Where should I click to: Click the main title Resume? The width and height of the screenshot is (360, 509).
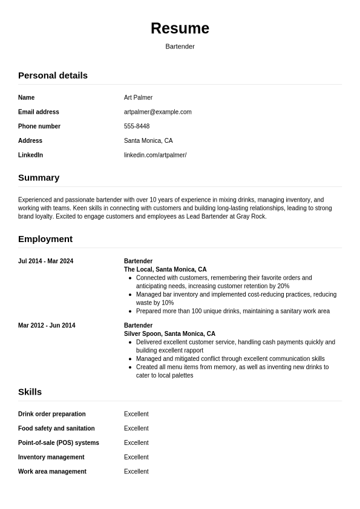[180, 28]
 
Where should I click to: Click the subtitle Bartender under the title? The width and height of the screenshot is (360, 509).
[180, 47]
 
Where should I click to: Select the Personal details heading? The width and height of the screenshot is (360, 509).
[53, 76]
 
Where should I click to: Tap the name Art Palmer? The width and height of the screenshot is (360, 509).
[138, 97]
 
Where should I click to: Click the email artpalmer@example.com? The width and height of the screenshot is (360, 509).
[157, 112]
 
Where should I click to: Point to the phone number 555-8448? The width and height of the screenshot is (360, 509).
[137, 126]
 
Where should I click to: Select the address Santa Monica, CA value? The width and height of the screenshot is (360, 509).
[148, 141]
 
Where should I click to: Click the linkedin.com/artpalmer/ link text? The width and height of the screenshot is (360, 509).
[155, 156]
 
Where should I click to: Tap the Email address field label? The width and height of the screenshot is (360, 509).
[39, 112]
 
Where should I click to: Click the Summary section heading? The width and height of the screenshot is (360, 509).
[39, 178]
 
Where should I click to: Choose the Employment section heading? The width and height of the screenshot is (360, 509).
[45, 239]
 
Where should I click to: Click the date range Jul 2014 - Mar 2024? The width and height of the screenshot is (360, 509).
[45, 261]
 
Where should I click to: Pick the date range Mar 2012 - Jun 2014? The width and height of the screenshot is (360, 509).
[47, 326]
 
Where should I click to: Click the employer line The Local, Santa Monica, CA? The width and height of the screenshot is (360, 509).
[165, 270]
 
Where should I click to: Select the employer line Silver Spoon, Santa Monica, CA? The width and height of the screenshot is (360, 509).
[169, 334]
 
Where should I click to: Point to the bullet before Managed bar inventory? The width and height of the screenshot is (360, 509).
[131, 295]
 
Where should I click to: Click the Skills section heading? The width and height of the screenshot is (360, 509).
[30, 392]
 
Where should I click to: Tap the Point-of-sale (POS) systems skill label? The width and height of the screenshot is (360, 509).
[59, 443]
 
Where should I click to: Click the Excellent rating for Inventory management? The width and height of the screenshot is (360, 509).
[136, 458]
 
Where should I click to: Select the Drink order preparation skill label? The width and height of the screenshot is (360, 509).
[52, 415]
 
